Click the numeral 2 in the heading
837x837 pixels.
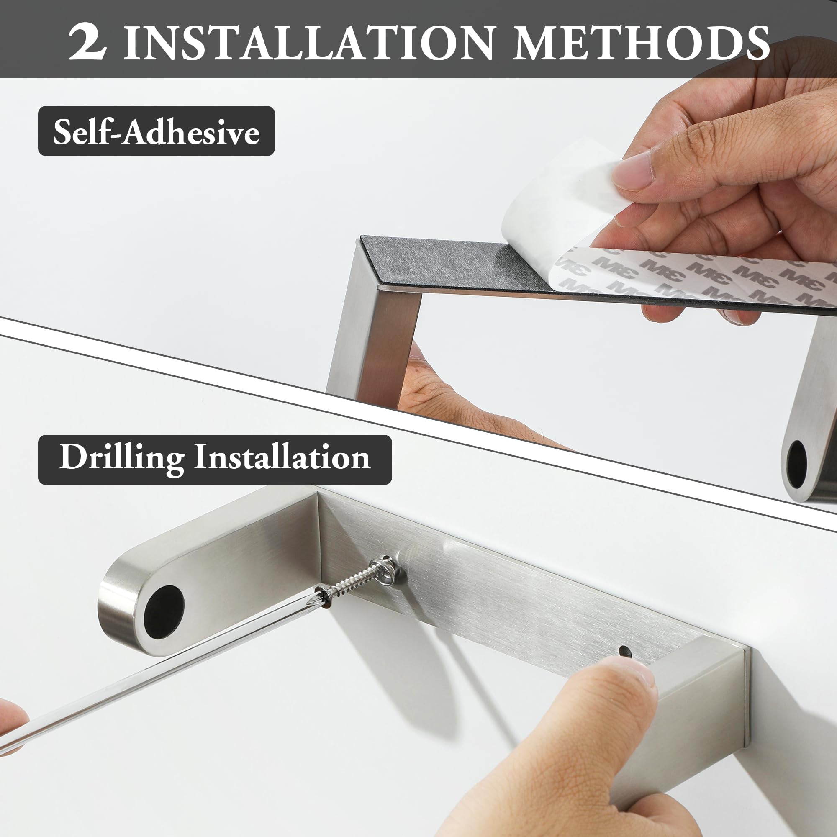coord(87,42)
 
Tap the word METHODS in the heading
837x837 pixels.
coord(641,42)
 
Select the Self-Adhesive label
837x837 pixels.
coord(157,131)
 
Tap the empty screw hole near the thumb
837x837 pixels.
coord(624,651)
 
